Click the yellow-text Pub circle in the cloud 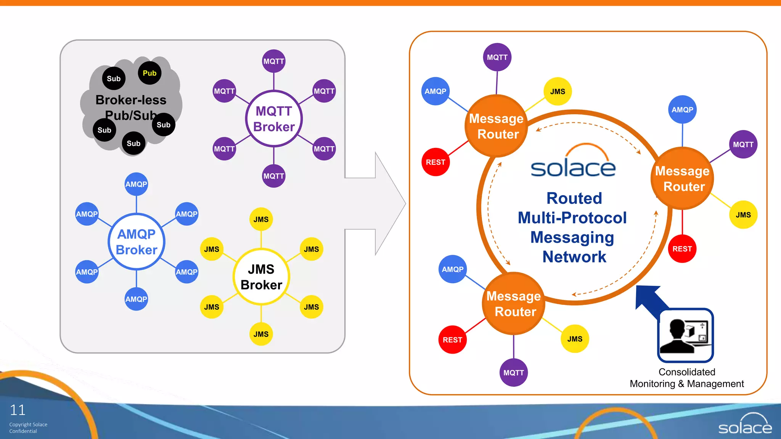coord(149,73)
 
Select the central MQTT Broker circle coord(274,119)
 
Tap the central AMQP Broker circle coord(136,242)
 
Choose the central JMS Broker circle coord(261,277)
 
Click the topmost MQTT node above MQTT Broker coord(274,61)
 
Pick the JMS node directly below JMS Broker coord(261,334)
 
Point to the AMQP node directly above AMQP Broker coord(136,184)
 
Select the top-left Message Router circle coord(497,126)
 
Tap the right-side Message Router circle coord(682,179)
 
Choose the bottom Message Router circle coord(514,304)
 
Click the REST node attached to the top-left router coord(435,162)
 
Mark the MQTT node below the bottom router coord(513,373)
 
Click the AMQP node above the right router coord(682,110)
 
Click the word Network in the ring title coord(574,257)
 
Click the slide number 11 coord(18,410)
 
